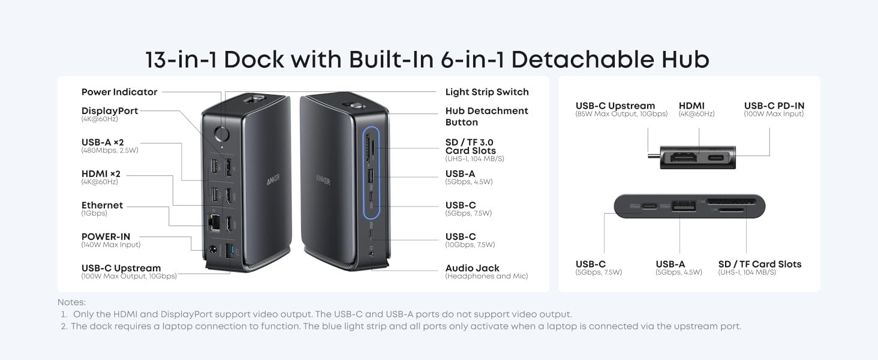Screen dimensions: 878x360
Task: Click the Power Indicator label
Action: pos(119,92)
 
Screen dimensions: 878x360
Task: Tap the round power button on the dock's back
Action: pos(222,134)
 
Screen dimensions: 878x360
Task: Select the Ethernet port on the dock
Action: pos(214,224)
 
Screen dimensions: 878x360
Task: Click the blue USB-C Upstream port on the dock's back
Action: pos(230,251)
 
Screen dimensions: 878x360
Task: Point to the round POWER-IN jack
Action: pos(213,250)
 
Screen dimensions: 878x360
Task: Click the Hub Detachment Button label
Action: pos(486,116)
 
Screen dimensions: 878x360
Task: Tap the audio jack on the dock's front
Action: pos(371,254)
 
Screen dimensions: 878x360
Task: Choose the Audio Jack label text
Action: pos(472,268)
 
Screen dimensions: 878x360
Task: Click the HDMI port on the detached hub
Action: pos(683,158)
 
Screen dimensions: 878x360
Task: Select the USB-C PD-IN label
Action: pos(774,106)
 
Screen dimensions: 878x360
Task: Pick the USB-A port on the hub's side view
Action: pos(684,206)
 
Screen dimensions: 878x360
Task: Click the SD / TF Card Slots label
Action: pos(760,265)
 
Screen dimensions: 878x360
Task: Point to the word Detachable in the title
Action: pos(582,59)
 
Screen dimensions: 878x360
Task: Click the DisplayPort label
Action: pos(110,111)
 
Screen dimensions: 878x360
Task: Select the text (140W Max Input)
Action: pos(111,245)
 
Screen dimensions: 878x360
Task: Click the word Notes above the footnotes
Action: pos(72,302)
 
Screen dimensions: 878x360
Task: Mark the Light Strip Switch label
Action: pos(487,92)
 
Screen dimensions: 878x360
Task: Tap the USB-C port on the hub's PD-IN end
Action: pos(716,158)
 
